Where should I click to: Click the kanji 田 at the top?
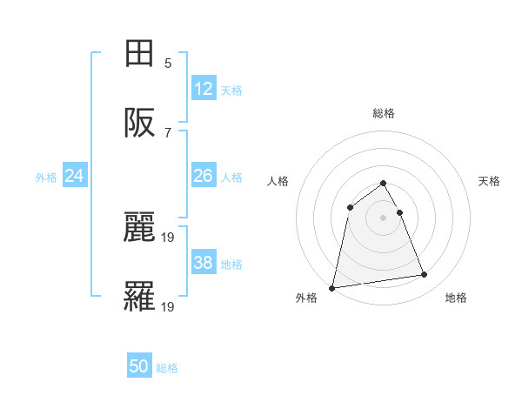pyautogui.click(x=139, y=54)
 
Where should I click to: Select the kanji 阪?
pyautogui.click(x=139, y=124)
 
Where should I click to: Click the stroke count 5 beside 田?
pyautogui.click(x=168, y=64)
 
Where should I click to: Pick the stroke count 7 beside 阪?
pyautogui.click(x=168, y=133)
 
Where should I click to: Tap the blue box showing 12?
pyautogui.click(x=204, y=88)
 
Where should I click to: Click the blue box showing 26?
pyautogui.click(x=204, y=176)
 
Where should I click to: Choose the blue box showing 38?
pyautogui.click(x=204, y=263)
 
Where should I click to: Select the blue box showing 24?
pyautogui.click(x=75, y=176)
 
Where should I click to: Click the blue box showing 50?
pyautogui.click(x=139, y=366)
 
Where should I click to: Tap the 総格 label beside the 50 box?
pyautogui.click(x=167, y=368)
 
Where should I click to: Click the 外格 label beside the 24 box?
pyautogui.click(x=46, y=178)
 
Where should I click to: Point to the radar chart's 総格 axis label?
pyautogui.click(x=384, y=113)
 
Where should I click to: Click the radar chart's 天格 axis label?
pyautogui.click(x=489, y=181)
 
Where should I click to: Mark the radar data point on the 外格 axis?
pyautogui.click(x=332, y=287)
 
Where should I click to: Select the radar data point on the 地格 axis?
pyautogui.click(x=425, y=275)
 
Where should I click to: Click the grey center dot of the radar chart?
pyautogui.click(x=384, y=217)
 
